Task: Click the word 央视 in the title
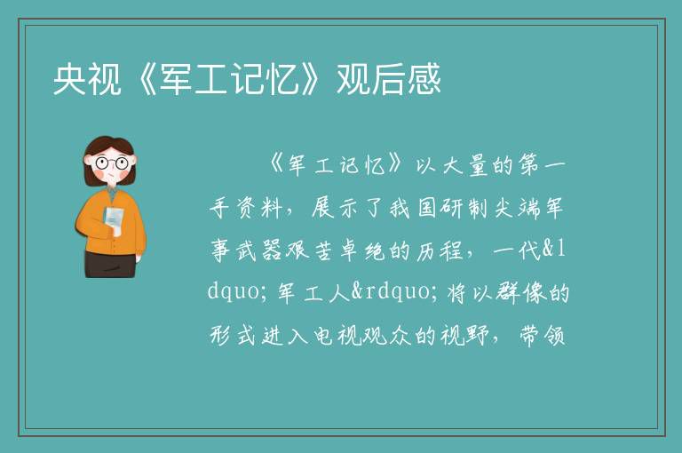87,79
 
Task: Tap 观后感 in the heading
389,79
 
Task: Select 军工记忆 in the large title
230,79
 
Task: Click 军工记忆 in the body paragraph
337,165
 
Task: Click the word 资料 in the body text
259,208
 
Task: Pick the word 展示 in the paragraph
335,208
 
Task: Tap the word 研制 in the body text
464,208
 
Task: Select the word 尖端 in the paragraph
516,208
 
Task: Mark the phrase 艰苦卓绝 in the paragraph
335,250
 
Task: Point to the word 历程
439,250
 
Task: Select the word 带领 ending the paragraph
542,335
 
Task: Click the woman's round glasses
111,163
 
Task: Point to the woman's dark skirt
110,264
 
